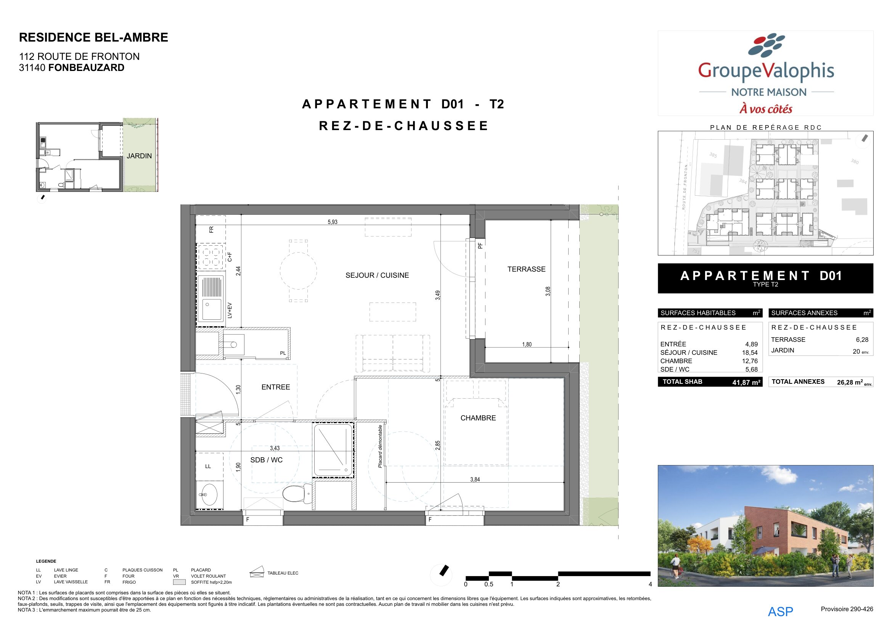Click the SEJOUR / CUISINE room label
[377, 275]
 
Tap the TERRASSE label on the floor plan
[526, 269]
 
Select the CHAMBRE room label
[478, 418]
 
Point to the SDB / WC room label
[266, 460]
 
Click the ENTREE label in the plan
[275, 387]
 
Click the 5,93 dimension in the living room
[333, 222]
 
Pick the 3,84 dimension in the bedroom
[475, 480]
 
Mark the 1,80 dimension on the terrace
[527, 344]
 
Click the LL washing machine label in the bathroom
[208, 466]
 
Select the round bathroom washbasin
[209, 495]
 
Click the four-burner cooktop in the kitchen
[211, 256]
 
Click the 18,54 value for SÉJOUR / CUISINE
[750, 353]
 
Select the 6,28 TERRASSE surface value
[862, 340]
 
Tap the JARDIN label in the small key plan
[139, 156]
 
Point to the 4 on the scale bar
[650, 584]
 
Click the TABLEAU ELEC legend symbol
[257, 571]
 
